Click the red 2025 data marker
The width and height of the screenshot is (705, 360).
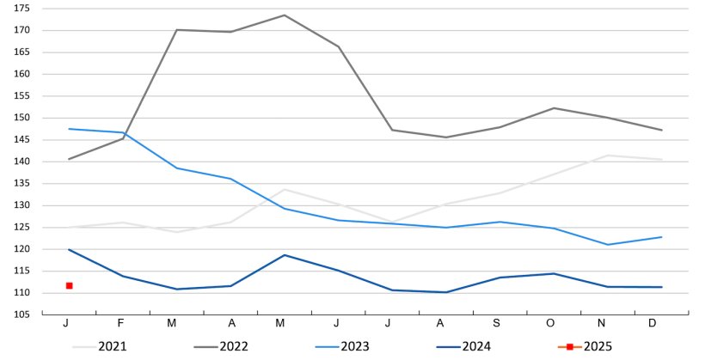click(x=69, y=285)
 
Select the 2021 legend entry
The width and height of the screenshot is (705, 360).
click(x=111, y=346)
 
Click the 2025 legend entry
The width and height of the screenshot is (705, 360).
click(x=597, y=346)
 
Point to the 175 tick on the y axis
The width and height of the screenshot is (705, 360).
click(x=22, y=9)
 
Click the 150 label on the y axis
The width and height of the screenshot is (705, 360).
click(x=22, y=118)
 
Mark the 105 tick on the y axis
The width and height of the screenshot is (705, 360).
click(x=22, y=314)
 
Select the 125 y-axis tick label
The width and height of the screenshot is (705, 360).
click(x=22, y=227)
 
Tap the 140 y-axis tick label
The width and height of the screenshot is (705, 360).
click(x=22, y=162)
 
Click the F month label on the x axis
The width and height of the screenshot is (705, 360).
click(x=121, y=323)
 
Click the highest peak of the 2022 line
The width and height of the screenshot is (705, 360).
click(x=284, y=15)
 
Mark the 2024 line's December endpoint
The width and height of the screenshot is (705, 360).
click(x=661, y=287)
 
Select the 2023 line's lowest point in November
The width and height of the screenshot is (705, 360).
click(x=608, y=245)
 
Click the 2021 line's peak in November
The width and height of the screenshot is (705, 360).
click(x=608, y=156)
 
